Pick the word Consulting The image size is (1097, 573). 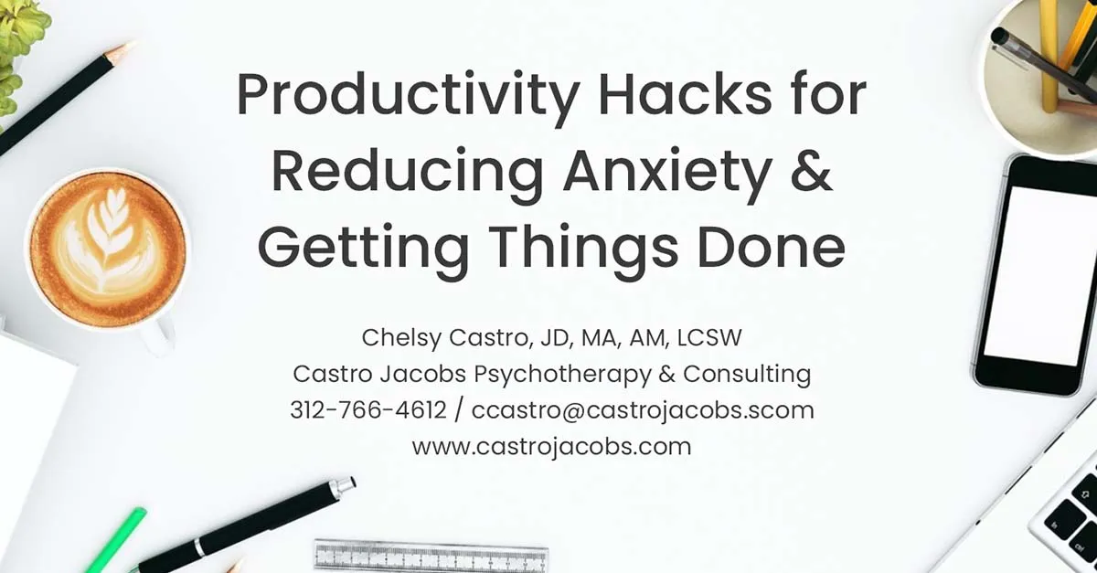coord(747,374)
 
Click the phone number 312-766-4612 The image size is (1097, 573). coord(368,410)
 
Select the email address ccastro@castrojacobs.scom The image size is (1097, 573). coord(643,410)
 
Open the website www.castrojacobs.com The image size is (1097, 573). coord(551,447)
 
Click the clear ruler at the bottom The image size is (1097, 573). coord(431,557)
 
